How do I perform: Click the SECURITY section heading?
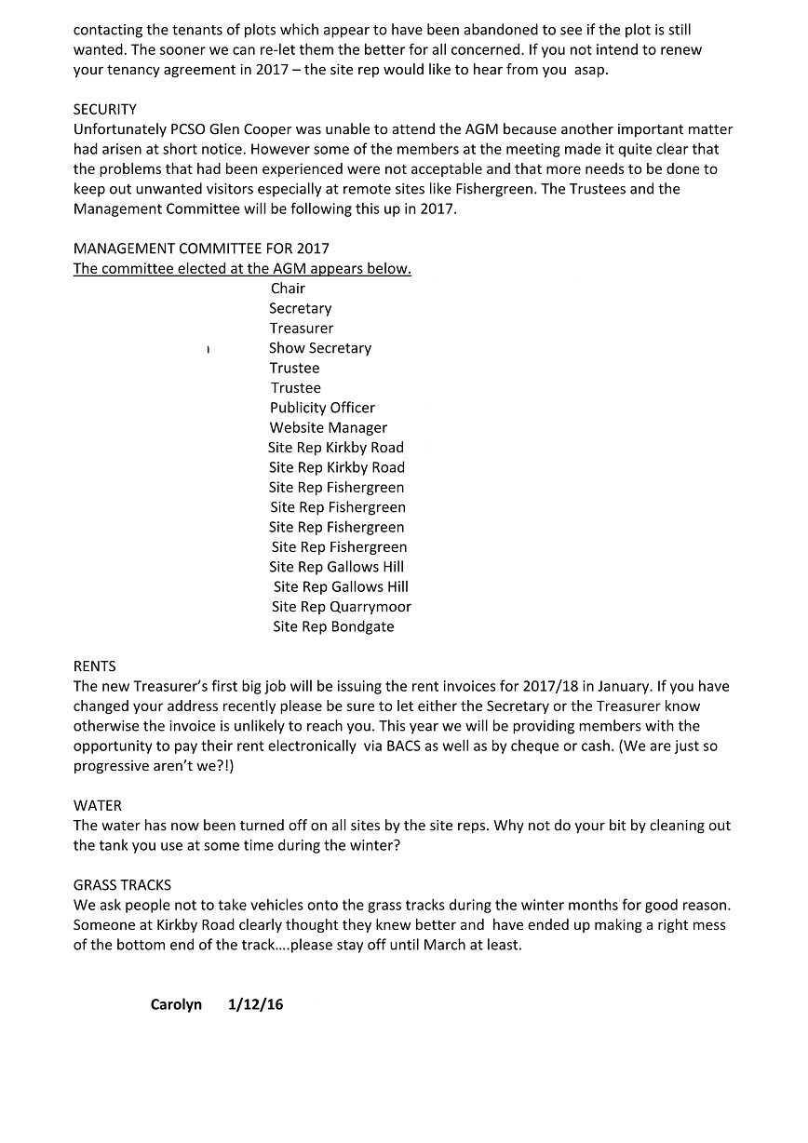pos(104,110)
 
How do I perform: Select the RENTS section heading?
pos(95,666)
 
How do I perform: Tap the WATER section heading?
pos(98,806)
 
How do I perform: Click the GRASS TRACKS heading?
pos(122,885)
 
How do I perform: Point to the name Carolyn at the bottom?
pos(176,1005)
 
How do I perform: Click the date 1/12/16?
pos(255,1005)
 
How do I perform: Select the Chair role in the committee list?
pos(288,289)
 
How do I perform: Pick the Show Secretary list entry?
pos(320,348)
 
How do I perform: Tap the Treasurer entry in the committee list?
pos(302,329)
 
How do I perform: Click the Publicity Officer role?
pos(322,408)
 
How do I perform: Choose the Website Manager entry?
pos(329,428)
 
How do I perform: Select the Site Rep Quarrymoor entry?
pos(341,607)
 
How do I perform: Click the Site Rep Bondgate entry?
pos(333,627)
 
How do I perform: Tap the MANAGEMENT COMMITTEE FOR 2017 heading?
pos(201,249)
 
